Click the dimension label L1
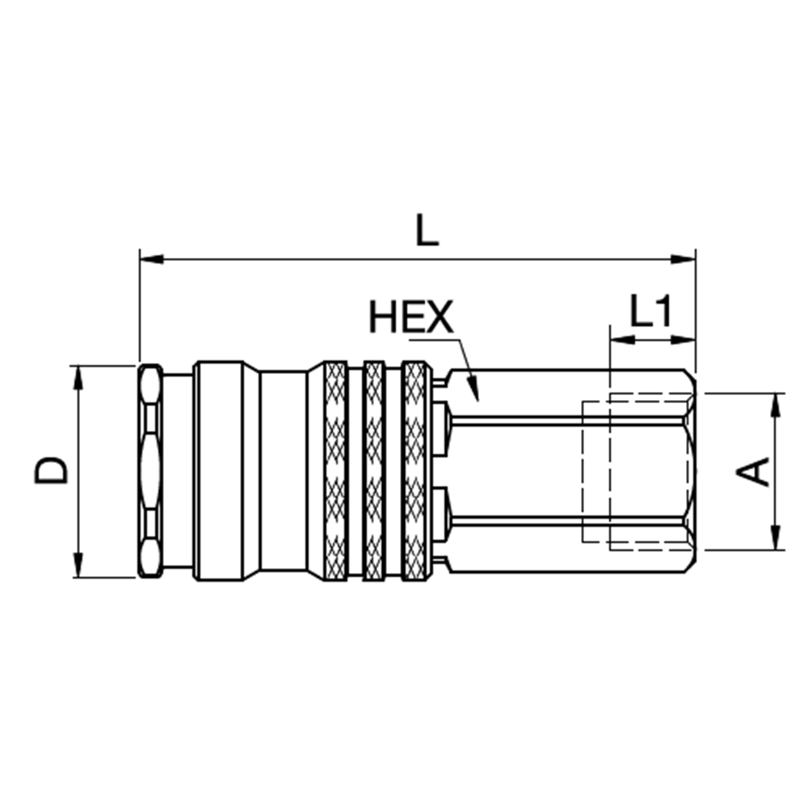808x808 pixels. tap(651, 311)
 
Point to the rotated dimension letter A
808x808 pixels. tap(756, 471)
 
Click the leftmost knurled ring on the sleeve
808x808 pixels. tap(335, 470)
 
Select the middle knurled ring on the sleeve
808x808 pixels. tap(374, 470)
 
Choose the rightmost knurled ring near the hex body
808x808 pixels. tap(414, 470)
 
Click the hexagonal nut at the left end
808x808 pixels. tap(150, 470)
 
